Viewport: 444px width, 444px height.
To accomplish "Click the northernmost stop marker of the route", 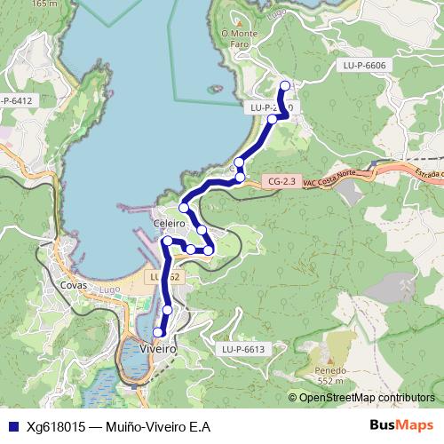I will tap(285, 86).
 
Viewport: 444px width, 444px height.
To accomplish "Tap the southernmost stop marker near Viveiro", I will tap(159, 332).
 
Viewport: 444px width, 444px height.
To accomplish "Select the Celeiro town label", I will tap(169, 224).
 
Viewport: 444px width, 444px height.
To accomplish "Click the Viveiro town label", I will tap(159, 349).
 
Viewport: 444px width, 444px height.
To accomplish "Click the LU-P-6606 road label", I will tap(365, 66).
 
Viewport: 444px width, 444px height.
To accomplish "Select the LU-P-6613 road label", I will tap(243, 349).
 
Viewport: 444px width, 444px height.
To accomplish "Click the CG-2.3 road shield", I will tap(281, 182).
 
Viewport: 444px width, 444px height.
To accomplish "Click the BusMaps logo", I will tap(400, 425).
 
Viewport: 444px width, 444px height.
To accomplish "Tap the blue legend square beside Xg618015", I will tap(12, 426).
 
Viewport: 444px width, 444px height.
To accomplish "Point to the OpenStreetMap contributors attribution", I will tap(366, 398).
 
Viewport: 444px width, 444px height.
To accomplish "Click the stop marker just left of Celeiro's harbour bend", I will tap(167, 241).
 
